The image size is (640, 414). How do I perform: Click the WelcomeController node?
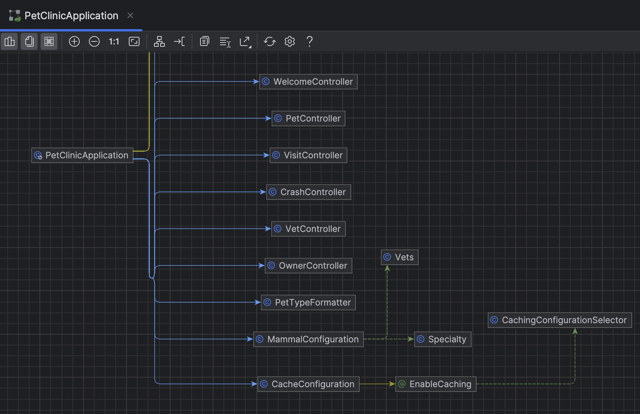click(309, 82)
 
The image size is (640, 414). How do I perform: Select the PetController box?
click(309, 118)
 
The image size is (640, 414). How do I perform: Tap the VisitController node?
click(309, 155)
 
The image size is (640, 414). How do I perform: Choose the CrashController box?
click(309, 192)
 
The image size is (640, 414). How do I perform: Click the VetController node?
click(309, 229)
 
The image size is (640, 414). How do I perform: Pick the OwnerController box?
click(309, 266)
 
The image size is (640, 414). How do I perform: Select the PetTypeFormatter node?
click(309, 302)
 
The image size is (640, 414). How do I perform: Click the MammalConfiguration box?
click(309, 339)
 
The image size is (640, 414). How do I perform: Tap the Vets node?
click(399, 257)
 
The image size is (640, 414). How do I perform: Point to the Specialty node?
click(443, 339)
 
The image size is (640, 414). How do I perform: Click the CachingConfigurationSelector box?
click(560, 320)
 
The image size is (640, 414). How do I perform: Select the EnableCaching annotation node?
click(436, 384)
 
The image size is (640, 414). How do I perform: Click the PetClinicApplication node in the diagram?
click(82, 155)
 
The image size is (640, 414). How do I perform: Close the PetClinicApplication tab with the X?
click(130, 15)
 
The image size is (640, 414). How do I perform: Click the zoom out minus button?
click(94, 41)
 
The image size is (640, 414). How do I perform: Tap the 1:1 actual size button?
click(114, 41)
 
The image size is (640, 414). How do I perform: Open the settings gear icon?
click(290, 41)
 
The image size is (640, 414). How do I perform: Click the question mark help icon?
click(310, 41)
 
